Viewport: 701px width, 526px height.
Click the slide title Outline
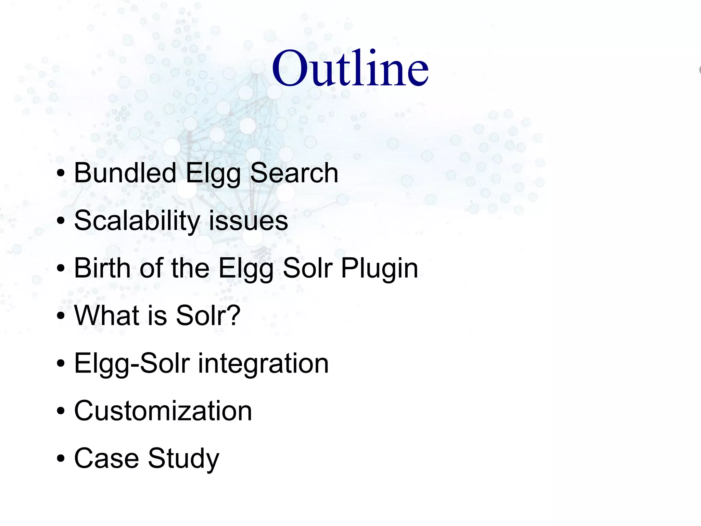pos(350,69)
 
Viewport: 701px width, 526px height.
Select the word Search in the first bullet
pos(294,173)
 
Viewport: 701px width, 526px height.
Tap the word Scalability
pos(137,221)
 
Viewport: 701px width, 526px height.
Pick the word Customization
pos(163,411)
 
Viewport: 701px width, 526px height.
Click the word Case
pos(106,458)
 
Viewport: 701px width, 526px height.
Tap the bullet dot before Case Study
pos(61,459)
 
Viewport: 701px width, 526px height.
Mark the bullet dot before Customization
pos(61,411)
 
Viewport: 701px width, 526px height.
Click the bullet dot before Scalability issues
pos(61,221)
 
